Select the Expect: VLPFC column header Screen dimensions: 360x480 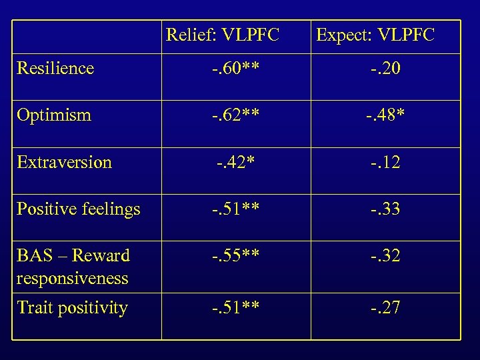[x=375, y=35]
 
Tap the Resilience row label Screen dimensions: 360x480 [x=55, y=68]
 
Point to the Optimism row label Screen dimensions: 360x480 [x=54, y=115]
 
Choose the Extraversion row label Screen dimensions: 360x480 [x=64, y=162]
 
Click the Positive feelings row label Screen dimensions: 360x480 [x=79, y=209]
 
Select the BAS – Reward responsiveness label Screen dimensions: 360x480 [x=73, y=267]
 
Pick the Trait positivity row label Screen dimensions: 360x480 [x=72, y=308]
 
